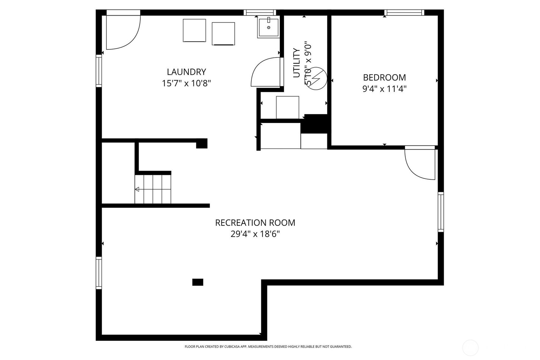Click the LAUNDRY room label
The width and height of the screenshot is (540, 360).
[x=186, y=72]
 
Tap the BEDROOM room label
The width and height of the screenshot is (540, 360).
[x=384, y=77]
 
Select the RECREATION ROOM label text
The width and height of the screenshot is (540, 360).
[x=255, y=222]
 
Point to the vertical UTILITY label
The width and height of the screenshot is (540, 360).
[x=296, y=63]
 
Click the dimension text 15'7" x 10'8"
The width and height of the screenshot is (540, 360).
[x=186, y=83]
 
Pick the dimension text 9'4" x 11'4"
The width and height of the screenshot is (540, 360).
[x=384, y=89]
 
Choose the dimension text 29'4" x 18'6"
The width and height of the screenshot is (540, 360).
[x=255, y=234]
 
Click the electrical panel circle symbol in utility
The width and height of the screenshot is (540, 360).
[x=317, y=78]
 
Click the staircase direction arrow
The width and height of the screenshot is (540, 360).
[x=137, y=189]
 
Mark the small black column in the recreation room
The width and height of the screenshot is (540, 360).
[x=198, y=282]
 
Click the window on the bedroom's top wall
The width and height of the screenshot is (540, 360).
[x=404, y=13]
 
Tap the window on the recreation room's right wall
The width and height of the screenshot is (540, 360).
[x=441, y=212]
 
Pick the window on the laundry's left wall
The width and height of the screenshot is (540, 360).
[x=99, y=71]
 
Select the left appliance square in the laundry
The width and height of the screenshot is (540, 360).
[x=194, y=31]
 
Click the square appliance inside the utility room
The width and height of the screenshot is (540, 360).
[x=287, y=107]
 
